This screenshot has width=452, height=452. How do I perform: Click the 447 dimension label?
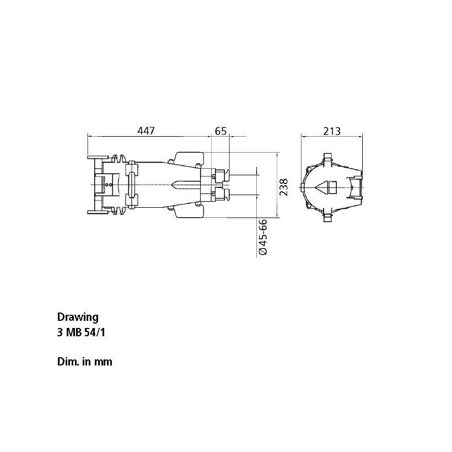click(x=146, y=131)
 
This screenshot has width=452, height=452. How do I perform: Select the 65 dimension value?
click(x=221, y=131)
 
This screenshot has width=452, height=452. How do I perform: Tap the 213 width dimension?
click(x=332, y=131)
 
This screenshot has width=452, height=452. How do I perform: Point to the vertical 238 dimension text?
click(x=284, y=187)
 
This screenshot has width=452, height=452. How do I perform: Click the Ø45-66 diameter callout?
click(x=263, y=237)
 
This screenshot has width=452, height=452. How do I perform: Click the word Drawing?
click(x=78, y=317)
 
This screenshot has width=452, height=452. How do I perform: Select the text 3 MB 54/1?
click(x=81, y=332)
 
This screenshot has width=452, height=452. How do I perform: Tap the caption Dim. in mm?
click(x=85, y=362)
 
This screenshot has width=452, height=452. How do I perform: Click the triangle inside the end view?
click(x=321, y=187)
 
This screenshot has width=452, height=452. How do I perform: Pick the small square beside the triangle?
click(x=332, y=187)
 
